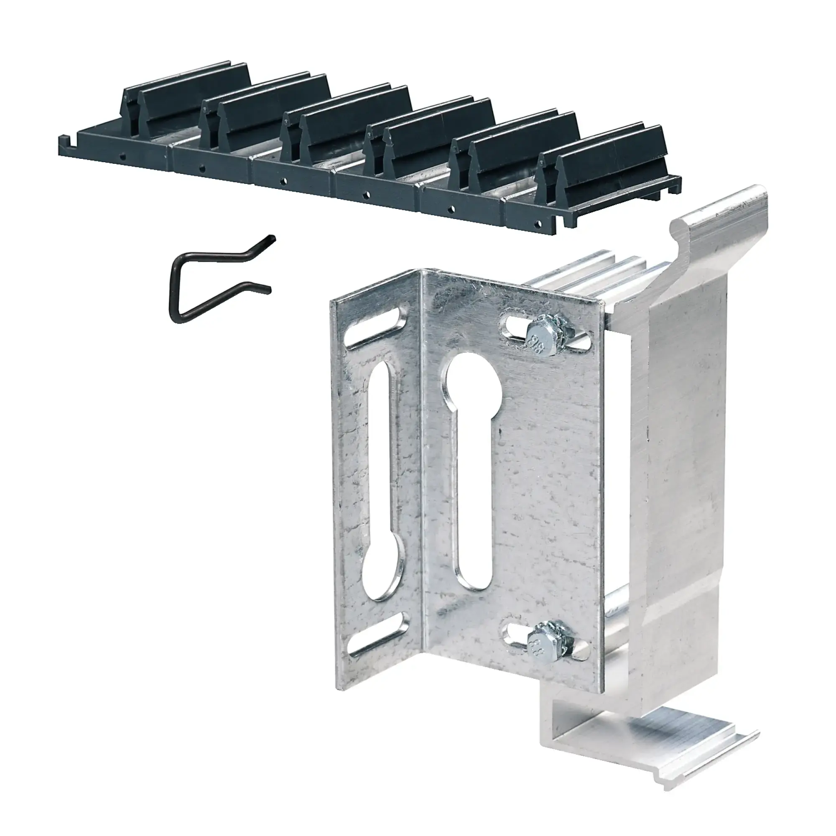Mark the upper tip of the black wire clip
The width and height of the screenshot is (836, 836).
point(272,237)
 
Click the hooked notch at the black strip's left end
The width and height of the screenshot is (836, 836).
point(65,140)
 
